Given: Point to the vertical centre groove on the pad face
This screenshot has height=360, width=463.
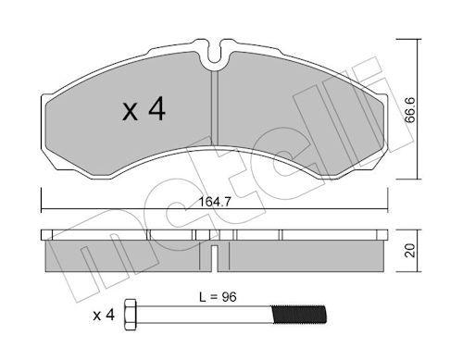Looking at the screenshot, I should (215, 120).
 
